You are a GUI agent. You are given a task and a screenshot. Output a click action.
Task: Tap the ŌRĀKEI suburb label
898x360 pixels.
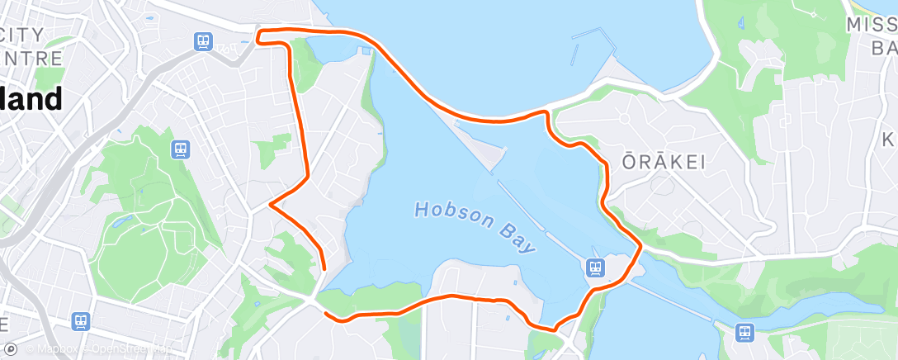coord(664,162)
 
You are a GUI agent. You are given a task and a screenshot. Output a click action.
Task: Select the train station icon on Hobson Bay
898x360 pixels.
coord(594,267)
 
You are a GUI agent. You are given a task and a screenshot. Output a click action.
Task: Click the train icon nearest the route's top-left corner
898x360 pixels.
coord(202,40)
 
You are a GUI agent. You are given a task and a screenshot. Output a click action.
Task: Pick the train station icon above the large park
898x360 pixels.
coord(180,149)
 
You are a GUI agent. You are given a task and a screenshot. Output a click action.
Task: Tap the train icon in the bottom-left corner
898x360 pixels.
coord(81,321)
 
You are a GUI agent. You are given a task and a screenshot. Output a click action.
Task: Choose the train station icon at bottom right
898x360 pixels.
coord(744,332)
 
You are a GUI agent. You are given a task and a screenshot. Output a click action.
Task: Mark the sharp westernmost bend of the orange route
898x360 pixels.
coord(271,203)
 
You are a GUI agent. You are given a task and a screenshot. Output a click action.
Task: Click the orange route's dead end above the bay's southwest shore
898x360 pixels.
coord(324,268)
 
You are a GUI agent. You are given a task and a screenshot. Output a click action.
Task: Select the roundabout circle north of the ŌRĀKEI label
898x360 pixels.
coord(624,119)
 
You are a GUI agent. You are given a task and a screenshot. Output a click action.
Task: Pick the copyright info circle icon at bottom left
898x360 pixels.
coord(12,349)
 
